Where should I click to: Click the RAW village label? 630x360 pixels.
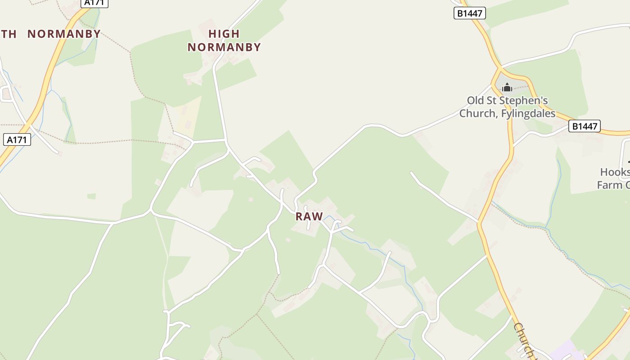click(309, 216)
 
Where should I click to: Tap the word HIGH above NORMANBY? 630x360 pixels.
click(224, 34)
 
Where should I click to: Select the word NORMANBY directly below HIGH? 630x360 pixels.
click(224, 47)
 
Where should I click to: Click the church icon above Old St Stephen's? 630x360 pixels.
click(507, 87)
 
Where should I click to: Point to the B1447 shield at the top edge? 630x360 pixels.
click(469, 13)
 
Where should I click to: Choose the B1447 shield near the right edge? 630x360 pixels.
click(585, 126)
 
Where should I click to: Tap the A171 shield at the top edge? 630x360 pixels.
click(94, 3)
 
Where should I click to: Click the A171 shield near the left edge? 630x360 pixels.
click(17, 140)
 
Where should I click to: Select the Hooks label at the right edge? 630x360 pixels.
click(615, 172)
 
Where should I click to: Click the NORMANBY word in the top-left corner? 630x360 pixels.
click(64, 34)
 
